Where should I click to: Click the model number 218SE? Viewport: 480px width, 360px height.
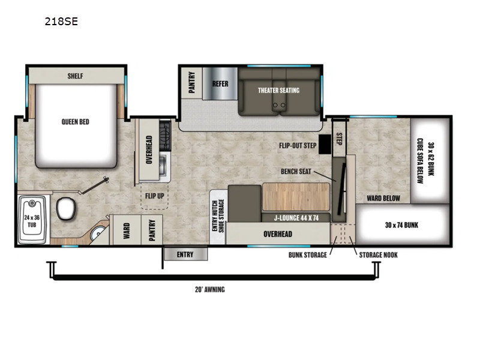coord(61,22)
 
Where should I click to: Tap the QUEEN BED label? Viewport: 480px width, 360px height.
coord(76,122)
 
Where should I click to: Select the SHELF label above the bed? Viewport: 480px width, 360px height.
coord(76,76)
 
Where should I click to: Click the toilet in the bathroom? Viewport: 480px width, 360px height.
coord(66,208)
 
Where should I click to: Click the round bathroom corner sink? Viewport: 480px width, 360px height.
coord(97,234)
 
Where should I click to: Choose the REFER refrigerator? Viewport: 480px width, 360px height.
coord(220,83)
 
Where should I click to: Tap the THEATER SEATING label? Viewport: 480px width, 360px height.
coord(278,91)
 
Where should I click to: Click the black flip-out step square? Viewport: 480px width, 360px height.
coord(325,144)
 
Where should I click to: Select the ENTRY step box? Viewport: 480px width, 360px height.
coord(185,254)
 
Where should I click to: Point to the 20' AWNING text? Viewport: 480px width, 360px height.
coord(210,290)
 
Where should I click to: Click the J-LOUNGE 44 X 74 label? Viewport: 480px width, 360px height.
coord(296,218)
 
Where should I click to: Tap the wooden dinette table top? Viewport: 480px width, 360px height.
coord(296,197)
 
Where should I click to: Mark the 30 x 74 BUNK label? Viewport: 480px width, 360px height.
coord(401,226)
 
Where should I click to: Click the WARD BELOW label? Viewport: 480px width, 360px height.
coord(383,199)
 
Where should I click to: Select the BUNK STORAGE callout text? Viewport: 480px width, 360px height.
coord(308,255)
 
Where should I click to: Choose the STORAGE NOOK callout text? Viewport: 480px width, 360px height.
coord(379,255)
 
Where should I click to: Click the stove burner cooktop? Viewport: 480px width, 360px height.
coord(165,136)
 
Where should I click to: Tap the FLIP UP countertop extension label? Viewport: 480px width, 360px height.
coord(155,196)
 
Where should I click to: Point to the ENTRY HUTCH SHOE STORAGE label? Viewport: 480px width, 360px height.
coord(218,215)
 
